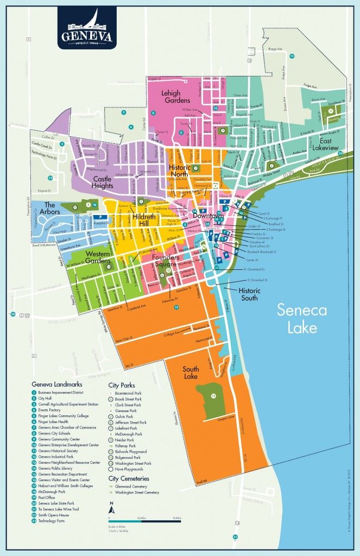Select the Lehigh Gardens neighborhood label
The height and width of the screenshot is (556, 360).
tap(175, 97)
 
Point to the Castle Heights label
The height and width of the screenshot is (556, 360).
tap(110, 181)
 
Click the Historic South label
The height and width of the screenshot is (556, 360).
tap(250, 294)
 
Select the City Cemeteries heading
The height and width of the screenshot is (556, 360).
tap(129, 479)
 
